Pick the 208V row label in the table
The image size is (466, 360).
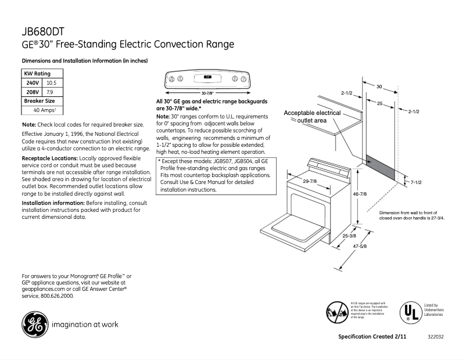(33, 92)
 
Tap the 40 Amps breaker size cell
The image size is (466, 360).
(44, 110)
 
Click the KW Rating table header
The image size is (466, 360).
(37, 74)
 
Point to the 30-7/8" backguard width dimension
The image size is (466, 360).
(207, 93)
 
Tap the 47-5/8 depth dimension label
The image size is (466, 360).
(359, 246)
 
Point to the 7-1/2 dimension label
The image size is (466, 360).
(415, 182)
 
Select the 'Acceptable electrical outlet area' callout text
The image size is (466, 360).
(312, 116)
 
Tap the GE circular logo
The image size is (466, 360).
(34, 325)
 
